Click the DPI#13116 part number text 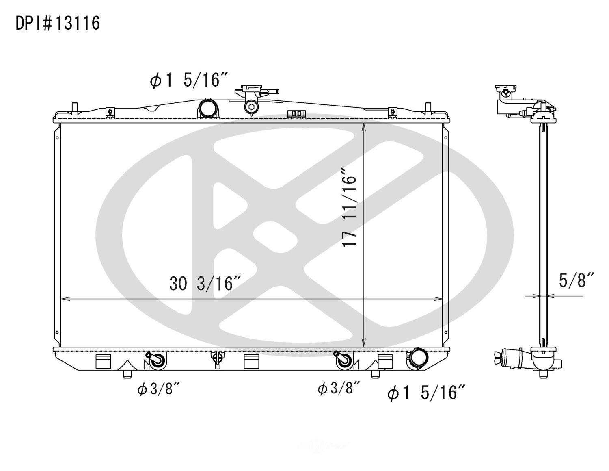(58, 23)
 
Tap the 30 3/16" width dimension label (205, 283)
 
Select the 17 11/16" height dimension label (349, 208)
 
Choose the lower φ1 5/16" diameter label (426, 392)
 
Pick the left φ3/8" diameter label (158, 389)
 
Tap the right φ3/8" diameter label (338, 388)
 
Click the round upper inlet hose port (208, 108)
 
